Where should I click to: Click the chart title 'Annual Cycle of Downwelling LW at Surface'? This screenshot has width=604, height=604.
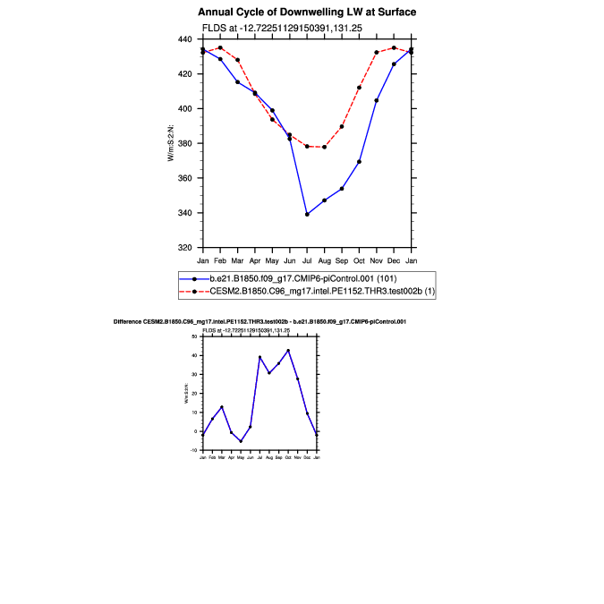point(307,13)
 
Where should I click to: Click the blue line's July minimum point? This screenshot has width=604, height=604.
point(307,214)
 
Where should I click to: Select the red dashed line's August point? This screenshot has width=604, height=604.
point(324,147)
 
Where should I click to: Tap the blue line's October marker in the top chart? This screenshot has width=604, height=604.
point(359,161)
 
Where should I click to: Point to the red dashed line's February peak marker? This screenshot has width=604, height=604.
point(220,48)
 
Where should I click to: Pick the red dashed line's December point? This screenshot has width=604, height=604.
point(394,48)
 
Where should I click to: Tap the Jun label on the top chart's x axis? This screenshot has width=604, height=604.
point(289,260)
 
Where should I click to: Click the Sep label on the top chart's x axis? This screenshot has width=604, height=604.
point(342,260)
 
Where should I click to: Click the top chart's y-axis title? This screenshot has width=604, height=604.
point(171,143)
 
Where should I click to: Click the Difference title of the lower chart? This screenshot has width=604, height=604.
point(260,321)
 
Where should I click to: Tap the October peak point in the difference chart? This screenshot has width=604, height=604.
point(288,350)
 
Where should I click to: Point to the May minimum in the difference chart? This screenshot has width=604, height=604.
point(241,441)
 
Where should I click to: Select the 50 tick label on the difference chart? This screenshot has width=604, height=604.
point(193,336)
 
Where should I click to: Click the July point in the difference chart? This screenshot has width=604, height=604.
point(259,357)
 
